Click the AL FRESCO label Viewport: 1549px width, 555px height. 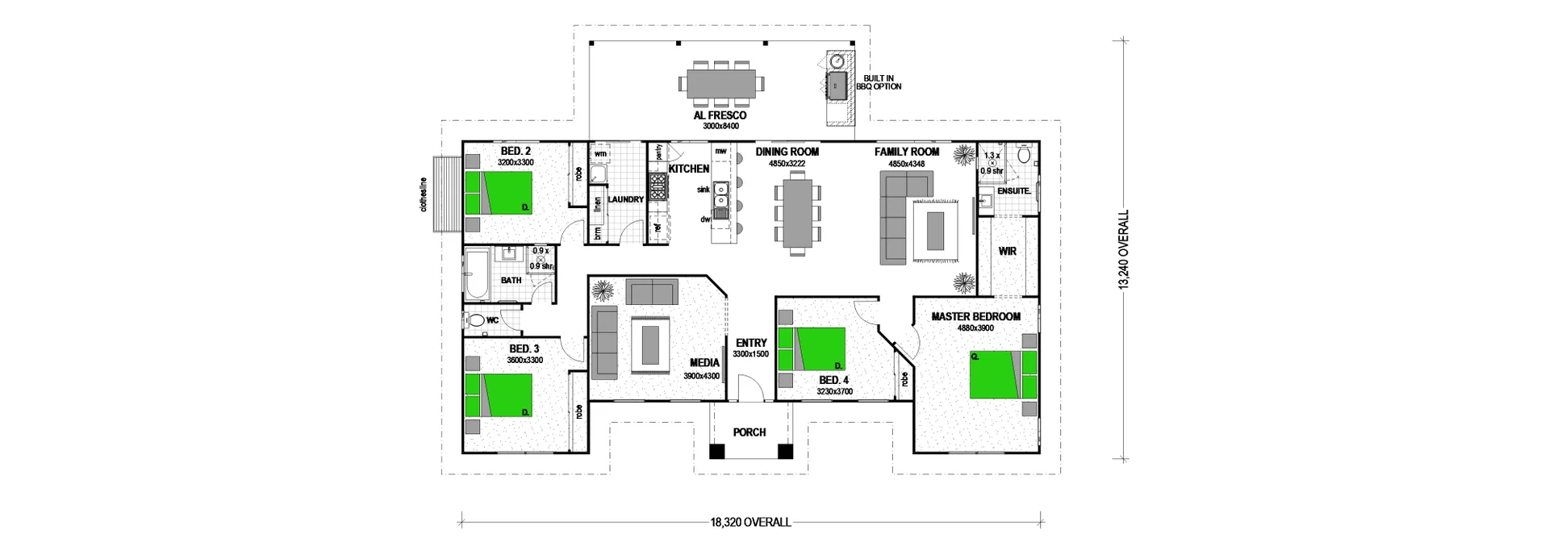click(x=720, y=115)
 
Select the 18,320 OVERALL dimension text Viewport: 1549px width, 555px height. click(x=750, y=522)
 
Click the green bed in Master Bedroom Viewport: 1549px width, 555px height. click(x=996, y=374)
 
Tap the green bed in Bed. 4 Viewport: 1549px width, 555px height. click(x=811, y=348)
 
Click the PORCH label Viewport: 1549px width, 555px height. click(x=749, y=432)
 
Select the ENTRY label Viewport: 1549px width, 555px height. click(x=751, y=343)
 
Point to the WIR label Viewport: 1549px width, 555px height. click(x=1008, y=252)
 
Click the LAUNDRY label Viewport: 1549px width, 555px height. click(x=625, y=199)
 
